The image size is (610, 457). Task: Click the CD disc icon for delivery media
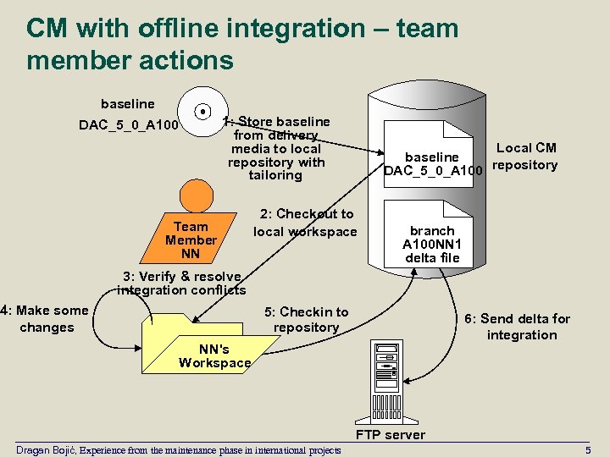[203, 111]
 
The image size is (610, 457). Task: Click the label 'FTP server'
[391, 435]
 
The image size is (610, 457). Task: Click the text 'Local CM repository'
[525, 157]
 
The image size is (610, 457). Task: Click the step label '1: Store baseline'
[278, 122]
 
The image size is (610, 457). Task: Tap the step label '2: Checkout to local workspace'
[305, 223]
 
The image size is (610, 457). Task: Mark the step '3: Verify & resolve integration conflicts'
[182, 283]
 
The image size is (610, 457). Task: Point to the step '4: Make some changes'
[47, 318]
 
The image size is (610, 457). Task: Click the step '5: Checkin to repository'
[306, 319]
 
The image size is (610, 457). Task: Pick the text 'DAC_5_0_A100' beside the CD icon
[129, 126]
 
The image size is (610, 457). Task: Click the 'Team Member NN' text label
[191, 240]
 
